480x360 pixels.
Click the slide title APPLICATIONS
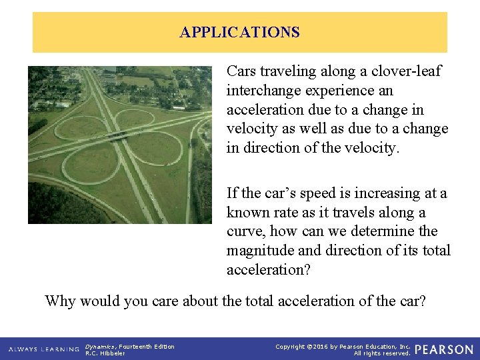(239, 32)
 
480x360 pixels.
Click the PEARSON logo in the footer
(444, 349)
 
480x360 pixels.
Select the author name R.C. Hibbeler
(105, 353)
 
